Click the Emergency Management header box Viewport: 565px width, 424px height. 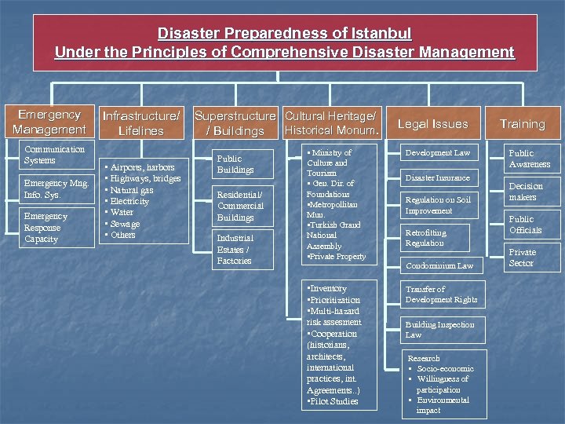click(x=49, y=122)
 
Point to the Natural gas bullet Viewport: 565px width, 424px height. click(x=131, y=190)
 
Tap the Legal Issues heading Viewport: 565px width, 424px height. click(x=432, y=124)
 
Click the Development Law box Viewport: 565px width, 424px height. click(x=437, y=152)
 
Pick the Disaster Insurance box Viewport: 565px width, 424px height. click(x=437, y=178)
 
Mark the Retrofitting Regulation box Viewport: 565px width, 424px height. click(x=436, y=238)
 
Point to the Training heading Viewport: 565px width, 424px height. click(x=522, y=124)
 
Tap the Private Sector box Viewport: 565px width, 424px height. click(x=522, y=258)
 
